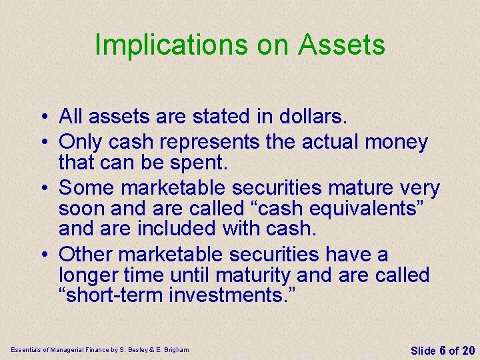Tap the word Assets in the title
tap(341, 45)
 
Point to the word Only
tap(80, 142)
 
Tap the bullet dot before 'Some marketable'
tap(42, 189)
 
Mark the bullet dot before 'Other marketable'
tap(42, 255)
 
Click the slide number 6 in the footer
tap(442, 351)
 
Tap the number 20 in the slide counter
tap(468, 351)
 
